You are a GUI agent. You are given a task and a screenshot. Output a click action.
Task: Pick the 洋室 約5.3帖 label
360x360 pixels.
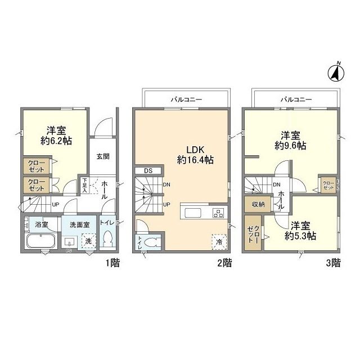pos(301,231)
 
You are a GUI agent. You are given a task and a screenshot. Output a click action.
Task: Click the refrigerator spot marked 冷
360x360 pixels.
pos(218,241)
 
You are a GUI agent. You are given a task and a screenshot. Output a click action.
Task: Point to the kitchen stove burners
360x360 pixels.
pos(218,213)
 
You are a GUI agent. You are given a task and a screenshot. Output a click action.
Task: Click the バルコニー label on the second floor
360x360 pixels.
pos(186,100)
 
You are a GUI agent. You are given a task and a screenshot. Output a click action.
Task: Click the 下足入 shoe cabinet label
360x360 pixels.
pos(84,186)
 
